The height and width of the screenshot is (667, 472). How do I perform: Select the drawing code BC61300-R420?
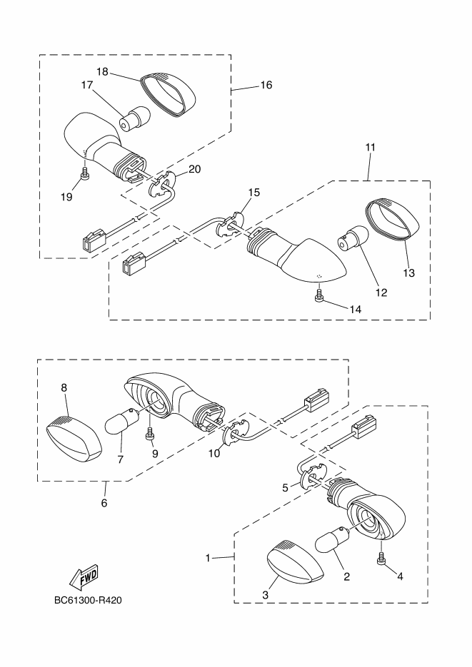click(x=88, y=600)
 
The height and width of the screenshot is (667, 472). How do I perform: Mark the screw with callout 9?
click(x=151, y=432)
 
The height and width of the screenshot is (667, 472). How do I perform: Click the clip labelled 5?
click(x=311, y=474)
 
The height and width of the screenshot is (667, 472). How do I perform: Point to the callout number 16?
click(x=266, y=85)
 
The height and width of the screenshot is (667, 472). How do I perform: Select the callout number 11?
click(x=370, y=147)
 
